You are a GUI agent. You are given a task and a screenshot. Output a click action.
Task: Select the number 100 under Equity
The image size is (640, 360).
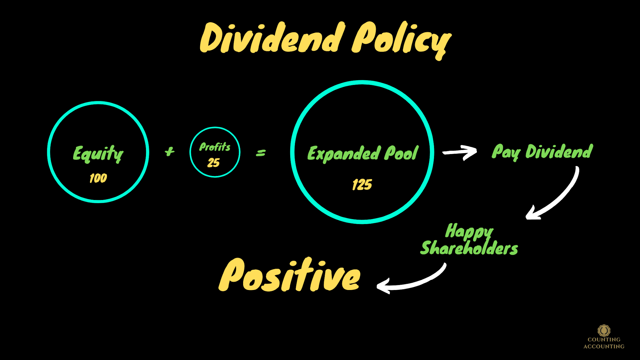(x=98, y=178)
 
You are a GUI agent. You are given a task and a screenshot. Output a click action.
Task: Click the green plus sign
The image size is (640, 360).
(x=170, y=152)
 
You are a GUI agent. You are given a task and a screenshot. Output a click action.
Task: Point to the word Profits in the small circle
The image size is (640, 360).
(x=215, y=147)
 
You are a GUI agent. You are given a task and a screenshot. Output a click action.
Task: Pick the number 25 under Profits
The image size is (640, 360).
(x=214, y=162)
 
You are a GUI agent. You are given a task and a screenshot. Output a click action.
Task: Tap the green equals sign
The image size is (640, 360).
(x=261, y=153)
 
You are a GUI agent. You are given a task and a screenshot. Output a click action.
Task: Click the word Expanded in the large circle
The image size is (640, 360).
(x=344, y=153)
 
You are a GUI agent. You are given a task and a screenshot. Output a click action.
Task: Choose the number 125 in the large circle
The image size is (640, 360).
(x=362, y=184)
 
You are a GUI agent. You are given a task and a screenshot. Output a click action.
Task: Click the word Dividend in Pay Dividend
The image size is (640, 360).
(x=559, y=152)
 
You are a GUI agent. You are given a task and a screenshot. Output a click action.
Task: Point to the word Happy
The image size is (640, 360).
(x=469, y=231)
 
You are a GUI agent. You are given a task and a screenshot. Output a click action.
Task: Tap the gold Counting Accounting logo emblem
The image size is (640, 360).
(x=604, y=330)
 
